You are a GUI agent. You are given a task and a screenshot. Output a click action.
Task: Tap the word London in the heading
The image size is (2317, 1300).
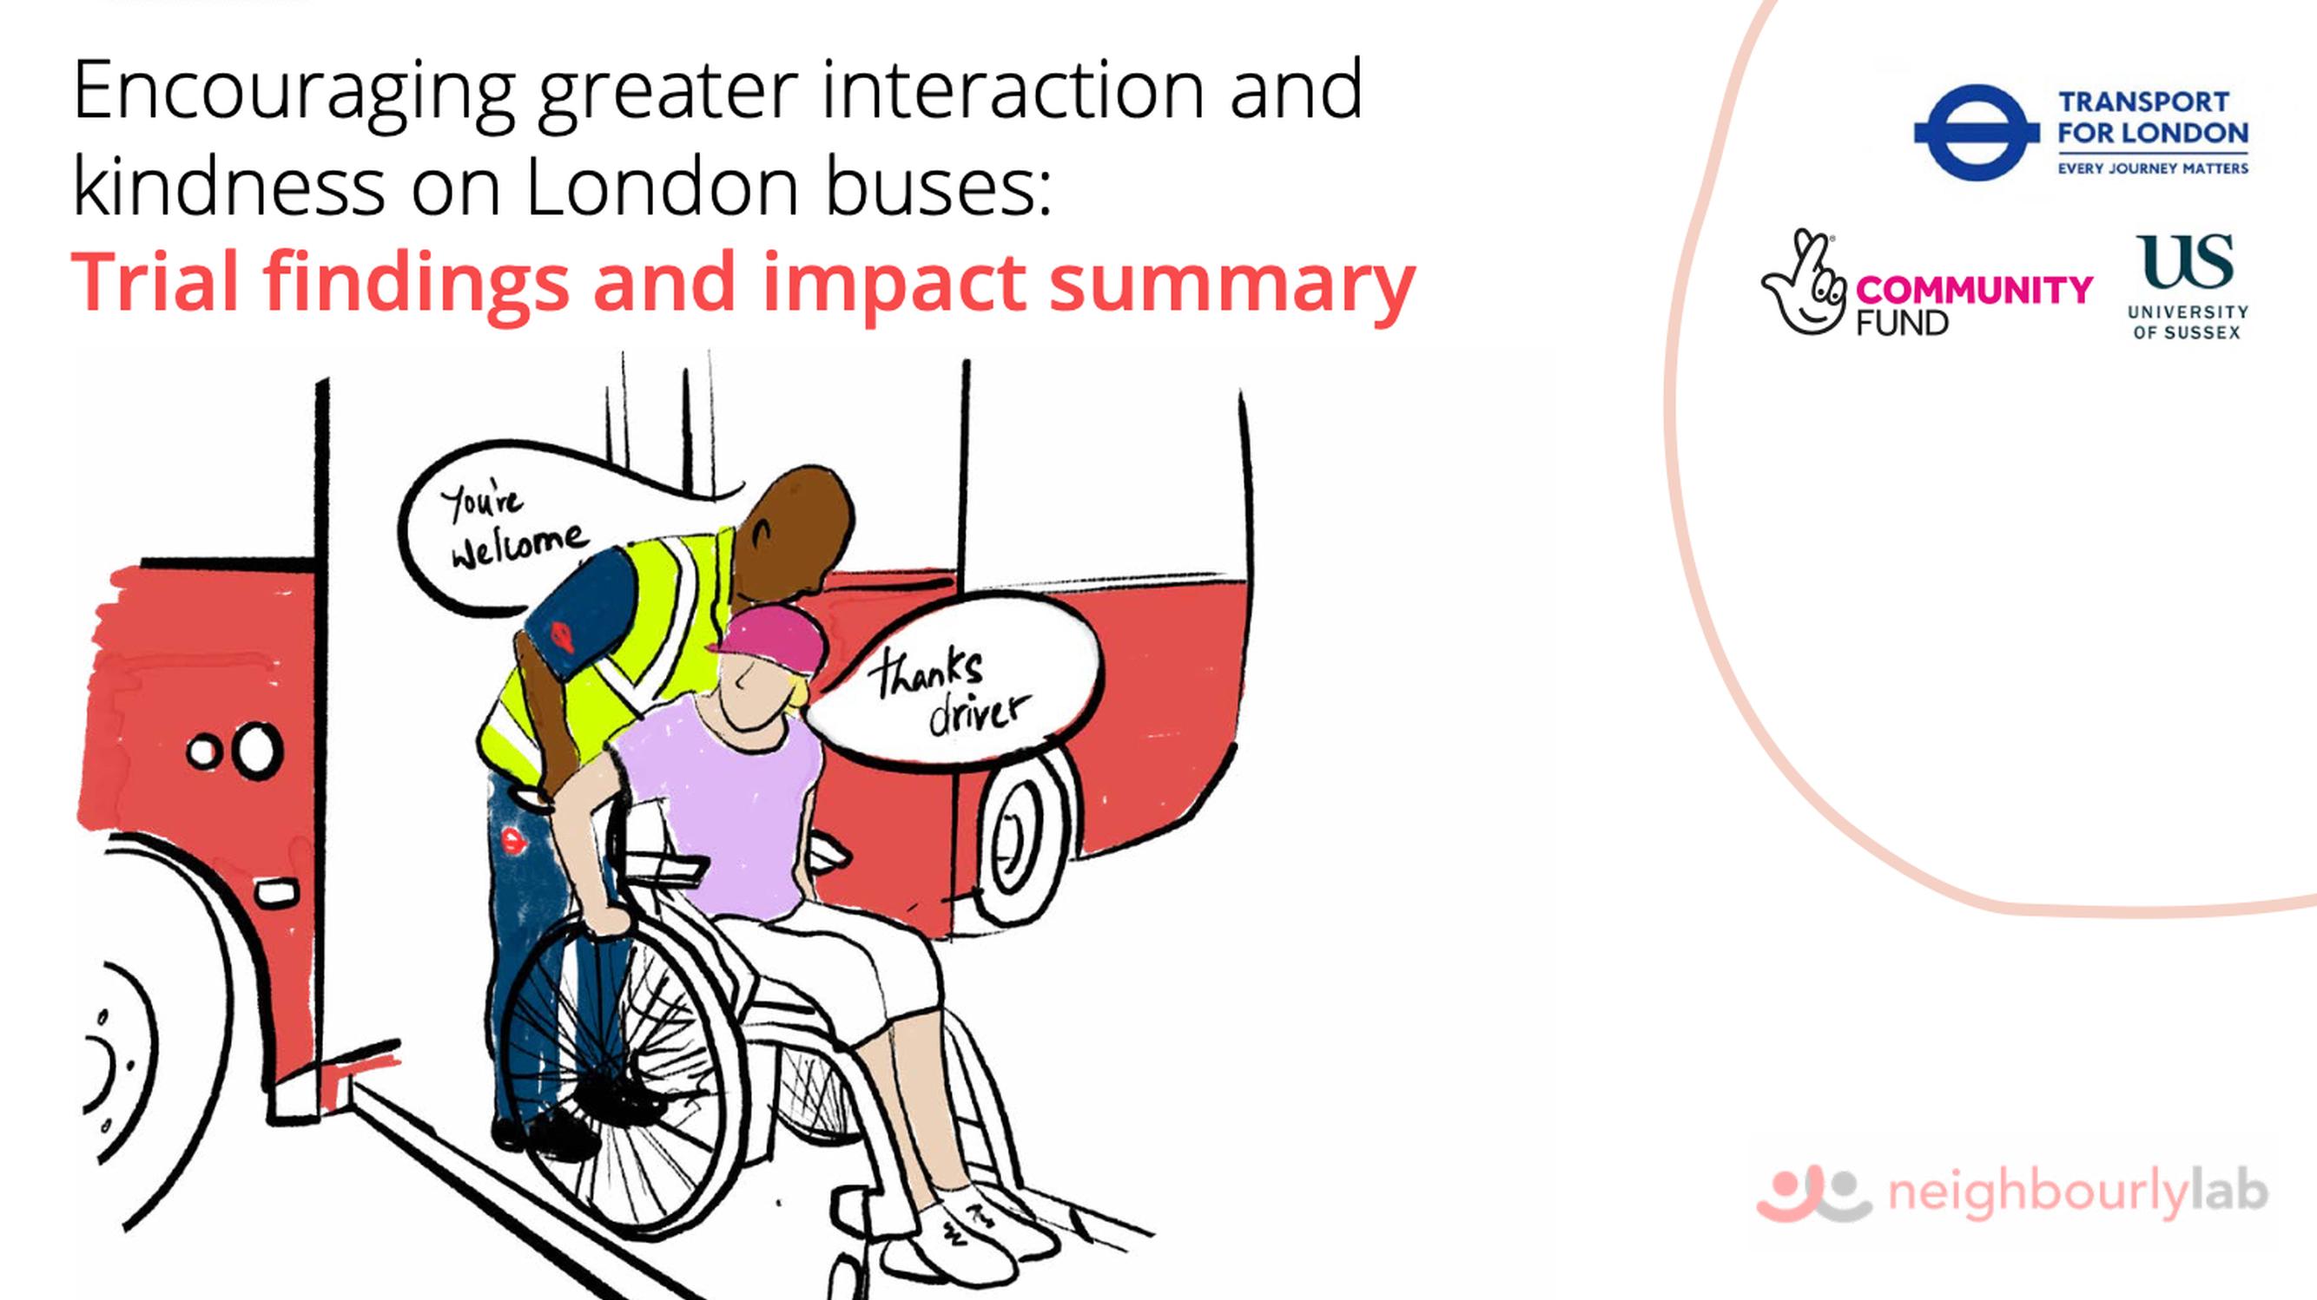click(x=662, y=188)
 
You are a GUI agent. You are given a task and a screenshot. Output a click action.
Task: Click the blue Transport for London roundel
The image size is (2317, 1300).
click(x=1976, y=132)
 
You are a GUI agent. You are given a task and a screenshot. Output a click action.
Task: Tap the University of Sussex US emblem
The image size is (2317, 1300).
click(x=2185, y=260)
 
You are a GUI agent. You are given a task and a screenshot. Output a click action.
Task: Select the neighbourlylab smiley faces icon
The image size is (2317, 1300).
click(x=1813, y=1194)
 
